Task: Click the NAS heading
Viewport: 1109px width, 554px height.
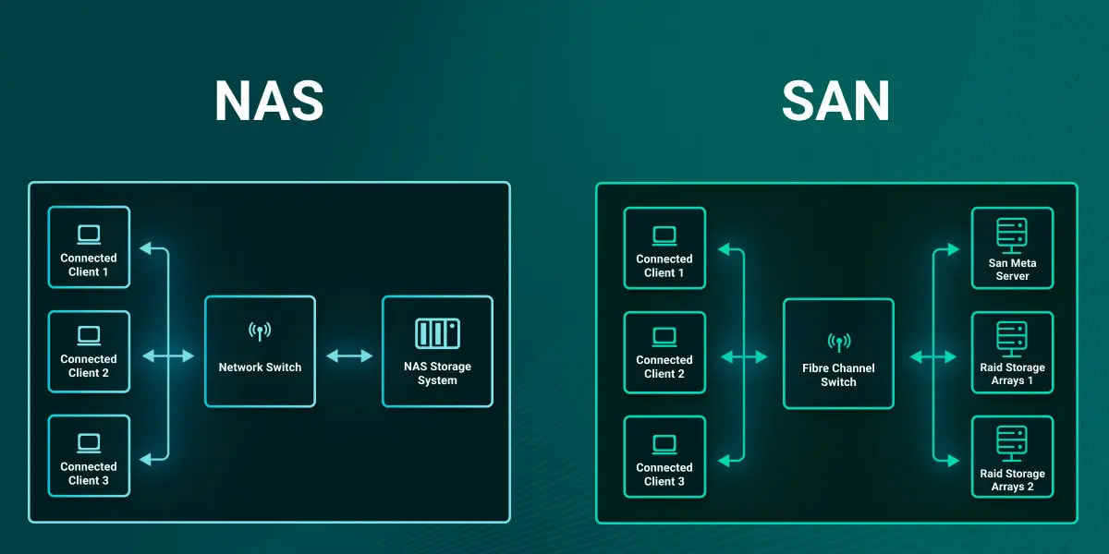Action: (269, 102)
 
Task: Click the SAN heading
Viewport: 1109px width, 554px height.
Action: (835, 102)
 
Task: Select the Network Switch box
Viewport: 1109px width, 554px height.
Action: (260, 352)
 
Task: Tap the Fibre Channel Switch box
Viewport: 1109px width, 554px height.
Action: (838, 354)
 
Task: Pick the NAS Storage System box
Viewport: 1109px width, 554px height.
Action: (437, 352)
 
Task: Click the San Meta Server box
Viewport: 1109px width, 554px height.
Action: (1012, 248)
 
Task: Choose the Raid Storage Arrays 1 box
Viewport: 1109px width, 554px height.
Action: (1012, 354)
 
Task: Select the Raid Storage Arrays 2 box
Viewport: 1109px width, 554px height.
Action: (1012, 457)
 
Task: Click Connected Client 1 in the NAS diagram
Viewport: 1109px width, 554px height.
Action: (89, 247)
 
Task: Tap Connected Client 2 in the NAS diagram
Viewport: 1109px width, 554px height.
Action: (89, 352)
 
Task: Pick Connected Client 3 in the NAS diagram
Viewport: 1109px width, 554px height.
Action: (89, 456)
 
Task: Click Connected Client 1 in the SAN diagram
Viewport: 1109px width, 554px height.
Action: (664, 248)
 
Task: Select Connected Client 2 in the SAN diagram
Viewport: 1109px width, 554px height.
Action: (664, 353)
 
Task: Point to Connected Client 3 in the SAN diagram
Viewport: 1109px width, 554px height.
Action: (664, 457)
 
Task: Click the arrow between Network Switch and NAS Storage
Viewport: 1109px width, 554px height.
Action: (348, 355)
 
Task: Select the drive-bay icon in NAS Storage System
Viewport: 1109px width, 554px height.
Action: (437, 333)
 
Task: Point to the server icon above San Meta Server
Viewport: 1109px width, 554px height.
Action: (1012, 235)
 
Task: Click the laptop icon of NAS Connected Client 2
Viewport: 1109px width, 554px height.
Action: (89, 334)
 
